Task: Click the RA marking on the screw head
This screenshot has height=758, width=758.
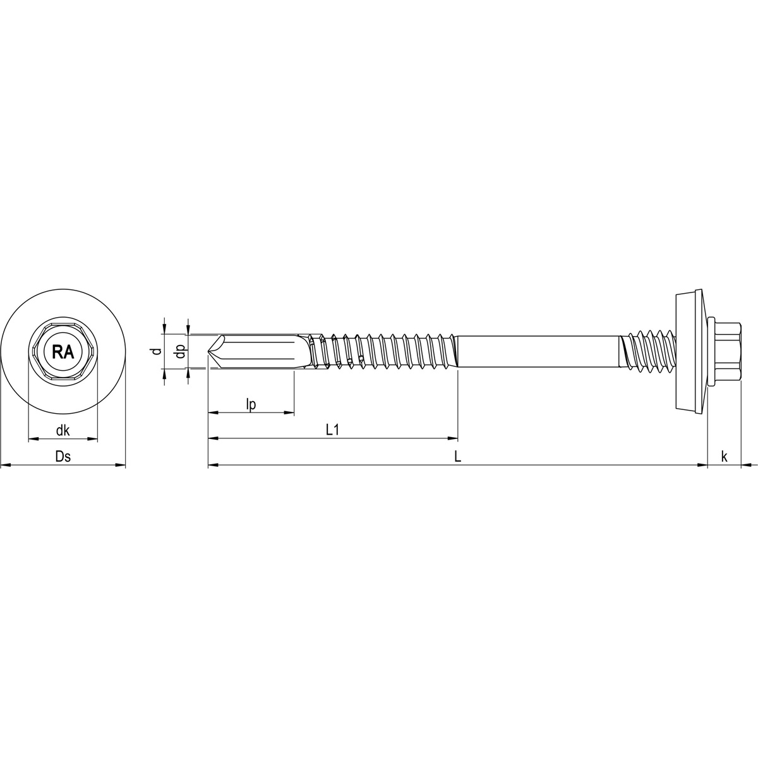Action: click(x=63, y=352)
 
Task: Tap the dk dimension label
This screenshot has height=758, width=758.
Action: click(x=63, y=431)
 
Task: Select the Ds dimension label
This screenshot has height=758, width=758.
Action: click(x=63, y=457)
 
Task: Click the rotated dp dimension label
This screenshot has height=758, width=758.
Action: click(x=179, y=351)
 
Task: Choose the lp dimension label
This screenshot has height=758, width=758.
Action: click(x=251, y=404)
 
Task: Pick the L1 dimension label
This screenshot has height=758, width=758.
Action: click(x=333, y=430)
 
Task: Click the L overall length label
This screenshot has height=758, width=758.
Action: click(x=458, y=457)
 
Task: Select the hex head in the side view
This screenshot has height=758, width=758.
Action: click(x=726, y=351)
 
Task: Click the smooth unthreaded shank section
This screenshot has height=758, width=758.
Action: click(x=537, y=351)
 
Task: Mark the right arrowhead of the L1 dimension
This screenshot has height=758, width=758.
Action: click(x=453, y=438)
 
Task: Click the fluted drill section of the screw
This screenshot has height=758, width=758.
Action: click(x=265, y=351)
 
